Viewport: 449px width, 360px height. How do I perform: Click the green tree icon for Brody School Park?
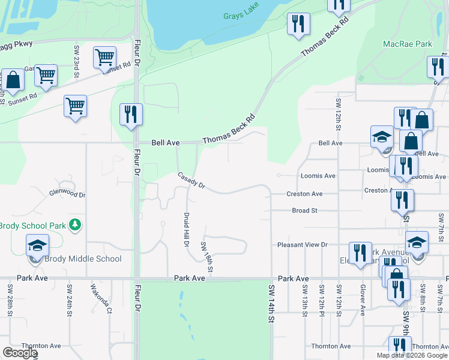click(x=75, y=225)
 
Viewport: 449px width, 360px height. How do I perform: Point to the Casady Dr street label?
click(x=191, y=181)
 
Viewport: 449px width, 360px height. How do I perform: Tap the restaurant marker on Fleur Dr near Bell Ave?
click(x=131, y=114)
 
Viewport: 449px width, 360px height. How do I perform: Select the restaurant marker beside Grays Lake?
click(x=298, y=24)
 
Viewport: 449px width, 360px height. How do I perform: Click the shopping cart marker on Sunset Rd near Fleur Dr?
click(x=104, y=58)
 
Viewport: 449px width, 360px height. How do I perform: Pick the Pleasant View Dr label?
click(x=302, y=245)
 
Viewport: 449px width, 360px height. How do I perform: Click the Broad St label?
click(x=304, y=211)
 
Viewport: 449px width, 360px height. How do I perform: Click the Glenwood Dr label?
click(x=68, y=194)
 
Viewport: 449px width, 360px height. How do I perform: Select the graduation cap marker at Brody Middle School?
click(x=37, y=246)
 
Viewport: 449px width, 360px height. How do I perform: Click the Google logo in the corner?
click(x=20, y=353)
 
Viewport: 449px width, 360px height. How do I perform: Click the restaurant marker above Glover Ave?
click(x=360, y=252)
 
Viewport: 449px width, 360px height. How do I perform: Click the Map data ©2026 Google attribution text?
click(x=412, y=355)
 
